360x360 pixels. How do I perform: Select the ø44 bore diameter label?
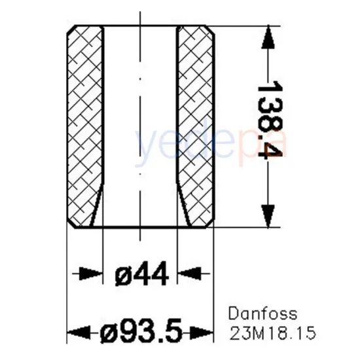(141, 274)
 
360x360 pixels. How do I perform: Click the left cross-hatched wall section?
(85, 124)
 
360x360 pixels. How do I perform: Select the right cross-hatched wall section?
(196, 124)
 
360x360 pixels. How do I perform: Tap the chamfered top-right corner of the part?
(210, 30)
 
